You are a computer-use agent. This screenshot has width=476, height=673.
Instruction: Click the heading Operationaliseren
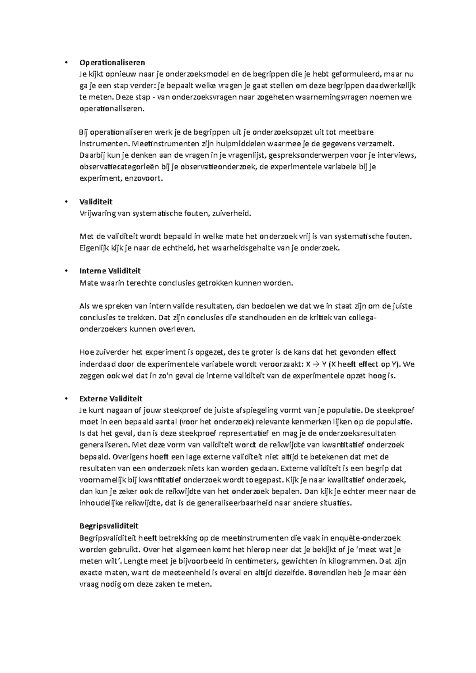click(112, 62)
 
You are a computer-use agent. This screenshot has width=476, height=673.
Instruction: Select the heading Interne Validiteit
click(110, 271)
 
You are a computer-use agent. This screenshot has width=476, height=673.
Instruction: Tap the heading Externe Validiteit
click(111, 399)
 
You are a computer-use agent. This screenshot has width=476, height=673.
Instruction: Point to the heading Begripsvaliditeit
click(109, 526)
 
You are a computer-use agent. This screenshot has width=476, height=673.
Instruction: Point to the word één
click(398, 573)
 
